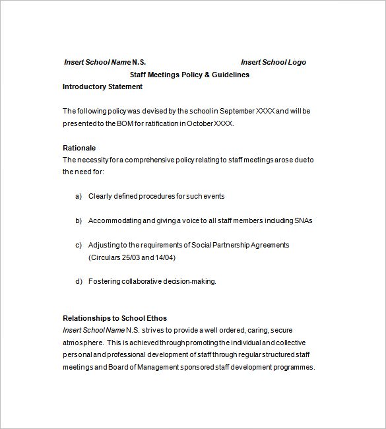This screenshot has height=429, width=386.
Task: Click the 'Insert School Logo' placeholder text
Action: [273, 62]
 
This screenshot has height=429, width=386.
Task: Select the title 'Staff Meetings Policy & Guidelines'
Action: [189, 75]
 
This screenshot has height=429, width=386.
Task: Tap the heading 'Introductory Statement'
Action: [102, 86]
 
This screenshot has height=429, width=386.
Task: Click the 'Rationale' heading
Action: [79, 147]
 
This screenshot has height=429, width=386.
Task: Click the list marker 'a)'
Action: [79, 196]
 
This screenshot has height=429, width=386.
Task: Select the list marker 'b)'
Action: [79, 220]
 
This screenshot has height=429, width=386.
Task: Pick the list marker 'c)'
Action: [79, 245]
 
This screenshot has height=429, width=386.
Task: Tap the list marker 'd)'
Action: [79, 281]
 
